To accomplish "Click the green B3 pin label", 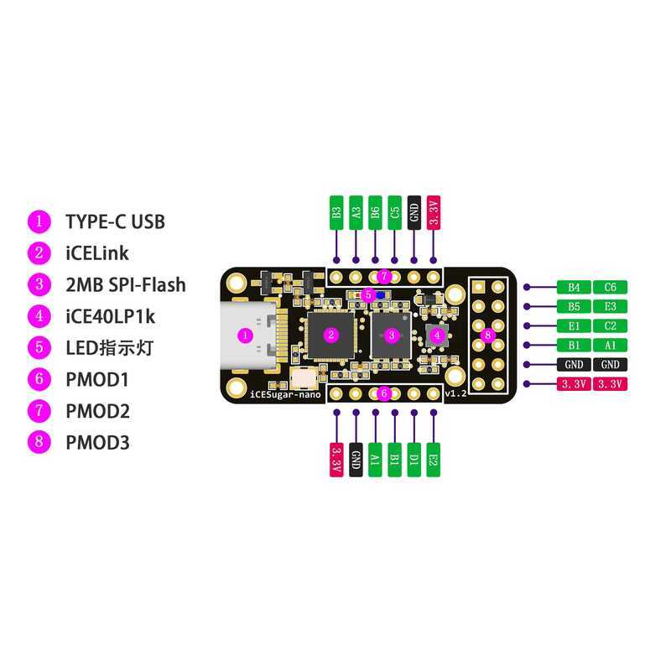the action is [x=336, y=212].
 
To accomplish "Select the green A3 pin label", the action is [x=356, y=212].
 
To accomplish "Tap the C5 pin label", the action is [x=394, y=212].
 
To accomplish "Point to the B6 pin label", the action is [x=375, y=212].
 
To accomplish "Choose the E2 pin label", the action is [x=434, y=460].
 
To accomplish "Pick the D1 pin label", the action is [x=414, y=460].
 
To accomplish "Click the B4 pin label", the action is [x=574, y=287].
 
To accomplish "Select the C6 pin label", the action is [x=611, y=287].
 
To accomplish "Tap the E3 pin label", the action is [x=611, y=306].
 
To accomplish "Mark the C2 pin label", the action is [x=611, y=325].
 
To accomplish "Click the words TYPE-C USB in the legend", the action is [x=115, y=221].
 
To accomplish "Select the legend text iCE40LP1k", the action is [x=110, y=317].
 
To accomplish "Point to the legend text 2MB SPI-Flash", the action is [x=126, y=285].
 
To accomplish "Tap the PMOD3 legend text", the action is [x=97, y=443].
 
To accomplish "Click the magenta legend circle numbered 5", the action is [x=39, y=347].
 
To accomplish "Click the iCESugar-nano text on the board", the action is [x=285, y=394].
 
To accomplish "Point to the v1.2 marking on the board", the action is [x=455, y=393].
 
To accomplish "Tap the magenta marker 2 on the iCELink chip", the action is [x=330, y=335].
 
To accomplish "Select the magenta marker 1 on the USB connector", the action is [x=245, y=335].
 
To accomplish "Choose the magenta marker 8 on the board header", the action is [x=488, y=335].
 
